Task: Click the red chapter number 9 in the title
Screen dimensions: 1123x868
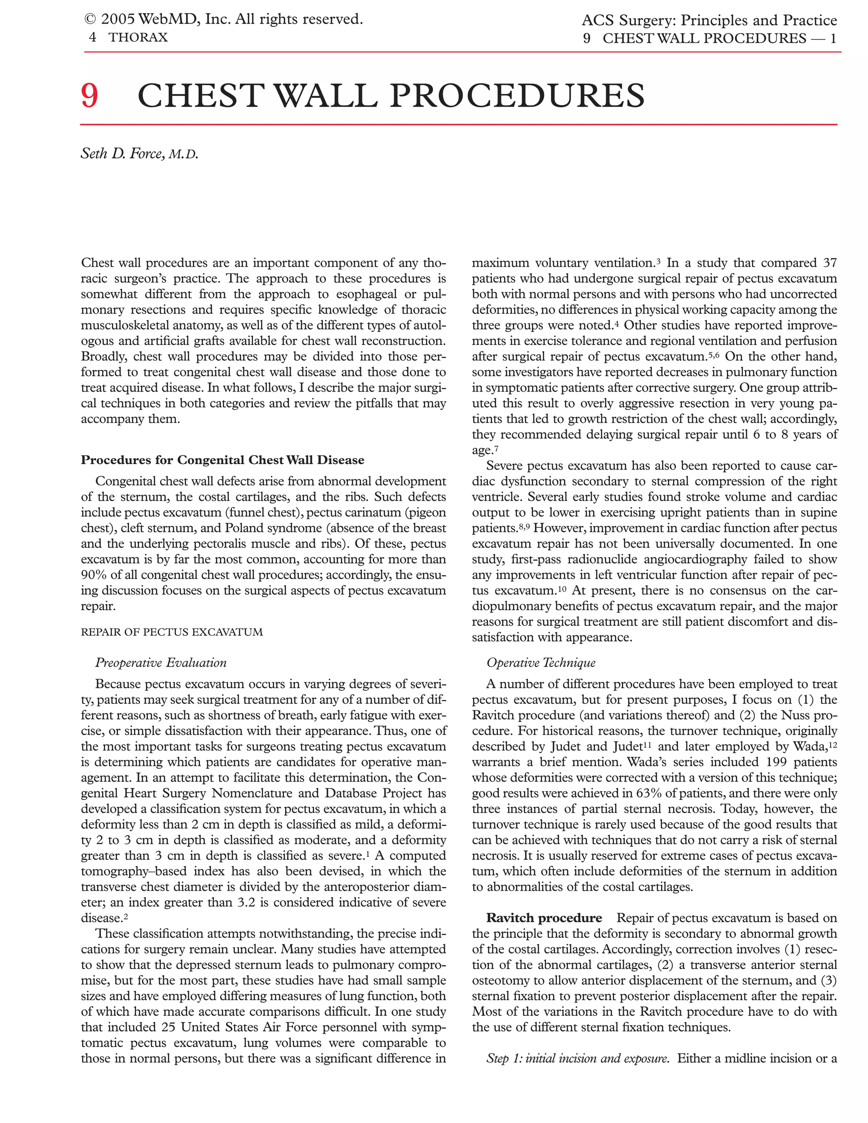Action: pyautogui.click(x=89, y=96)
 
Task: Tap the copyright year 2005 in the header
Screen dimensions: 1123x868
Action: pyautogui.click(x=118, y=19)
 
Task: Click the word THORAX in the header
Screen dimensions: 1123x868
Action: pyautogui.click(x=138, y=38)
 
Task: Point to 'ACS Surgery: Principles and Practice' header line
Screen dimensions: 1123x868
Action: pyautogui.click(x=709, y=21)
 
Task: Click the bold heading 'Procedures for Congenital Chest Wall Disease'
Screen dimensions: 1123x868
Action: pyautogui.click(x=222, y=460)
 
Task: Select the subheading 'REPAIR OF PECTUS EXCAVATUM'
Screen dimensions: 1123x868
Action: pyautogui.click(x=172, y=632)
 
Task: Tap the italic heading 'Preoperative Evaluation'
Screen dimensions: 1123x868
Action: pyautogui.click(x=161, y=663)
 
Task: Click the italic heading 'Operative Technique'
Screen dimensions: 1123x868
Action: pyautogui.click(x=540, y=663)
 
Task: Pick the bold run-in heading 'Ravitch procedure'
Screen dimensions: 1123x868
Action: pyautogui.click(x=543, y=918)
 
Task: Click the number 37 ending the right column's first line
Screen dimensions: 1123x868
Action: pyautogui.click(x=829, y=263)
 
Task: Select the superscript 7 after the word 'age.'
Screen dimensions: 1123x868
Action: pyautogui.click(x=496, y=448)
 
